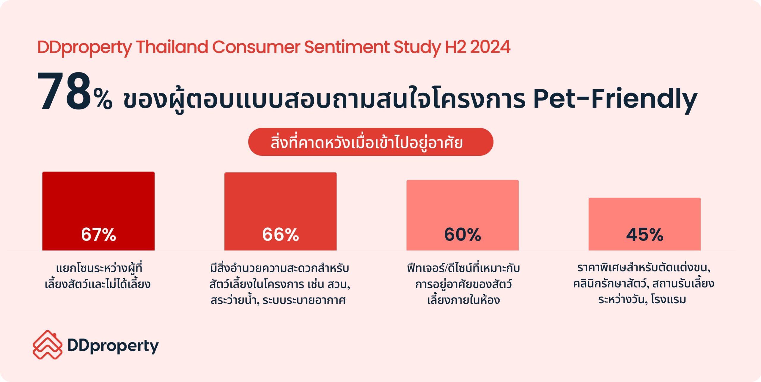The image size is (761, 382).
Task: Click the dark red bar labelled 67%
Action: tap(98, 211)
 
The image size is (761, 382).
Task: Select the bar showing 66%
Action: tap(280, 211)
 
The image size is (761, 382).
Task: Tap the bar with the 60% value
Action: tap(463, 215)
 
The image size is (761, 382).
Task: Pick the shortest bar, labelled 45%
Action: tap(644, 224)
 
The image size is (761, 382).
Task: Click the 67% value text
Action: tap(98, 235)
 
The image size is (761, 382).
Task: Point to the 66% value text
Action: tap(280, 235)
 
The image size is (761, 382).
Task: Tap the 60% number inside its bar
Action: tap(463, 235)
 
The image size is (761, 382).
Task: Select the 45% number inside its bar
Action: tap(644, 235)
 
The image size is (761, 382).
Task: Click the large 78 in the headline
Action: tap(64, 92)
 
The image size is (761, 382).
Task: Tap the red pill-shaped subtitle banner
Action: tap(371, 142)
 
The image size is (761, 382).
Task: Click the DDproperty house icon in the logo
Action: tap(48, 345)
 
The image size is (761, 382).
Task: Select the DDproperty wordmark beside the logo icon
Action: tap(113, 346)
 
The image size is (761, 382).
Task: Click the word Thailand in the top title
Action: tap(172, 47)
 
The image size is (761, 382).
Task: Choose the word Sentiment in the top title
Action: tap(347, 47)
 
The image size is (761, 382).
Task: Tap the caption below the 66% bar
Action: tap(280, 284)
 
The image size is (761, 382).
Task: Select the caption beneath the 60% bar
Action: tap(463, 284)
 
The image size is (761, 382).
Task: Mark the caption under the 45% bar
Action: tap(644, 284)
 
